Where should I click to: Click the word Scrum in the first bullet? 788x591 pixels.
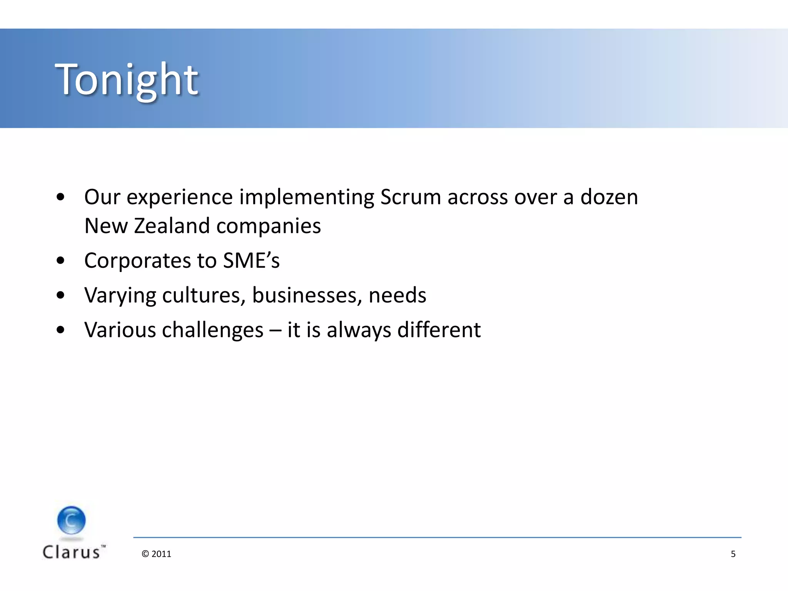click(x=410, y=197)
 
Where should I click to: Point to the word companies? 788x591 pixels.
click(x=268, y=227)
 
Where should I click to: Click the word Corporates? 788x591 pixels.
click(x=137, y=261)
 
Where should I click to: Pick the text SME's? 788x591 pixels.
click(x=251, y=261)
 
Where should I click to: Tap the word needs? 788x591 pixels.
click(x=397, y=295)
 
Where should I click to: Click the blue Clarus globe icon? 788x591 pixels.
click(x=71, y=520)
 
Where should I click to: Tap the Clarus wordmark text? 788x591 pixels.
click(x=72, y=552)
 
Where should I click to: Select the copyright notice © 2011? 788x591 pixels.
click(x=156, y=554)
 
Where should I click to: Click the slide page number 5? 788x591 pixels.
click(x=733, y=554)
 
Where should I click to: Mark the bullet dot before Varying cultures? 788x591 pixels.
click(x=60, y=295)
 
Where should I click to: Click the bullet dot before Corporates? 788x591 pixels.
click(x=60, y=261)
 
